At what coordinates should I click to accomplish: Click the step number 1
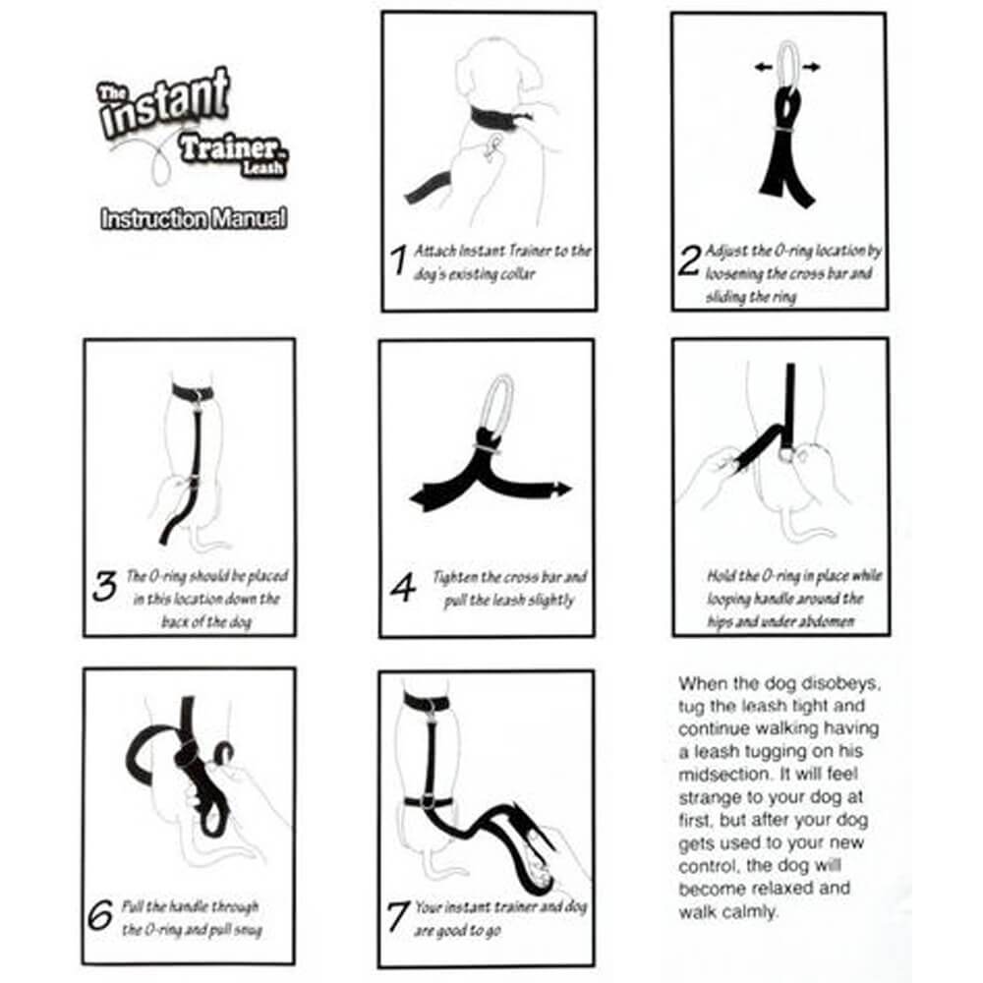pos(398,260)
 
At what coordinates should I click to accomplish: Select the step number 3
pos(104,587)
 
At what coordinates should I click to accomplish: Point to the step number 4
pos(403,588)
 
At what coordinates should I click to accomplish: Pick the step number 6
pos(101,916)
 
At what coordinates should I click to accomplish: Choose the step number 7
pos(398,917)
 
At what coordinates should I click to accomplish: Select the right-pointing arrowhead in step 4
pos(563,489)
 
